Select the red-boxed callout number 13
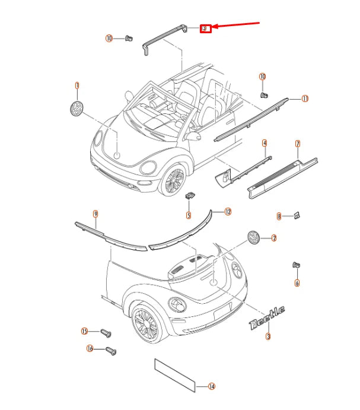(205, 28)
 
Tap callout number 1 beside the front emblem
(77, 85)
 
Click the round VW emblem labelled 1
(77, 109)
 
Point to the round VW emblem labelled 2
(254, 238)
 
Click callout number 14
(212, 386)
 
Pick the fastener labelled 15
(105, 332)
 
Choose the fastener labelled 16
(111, 350)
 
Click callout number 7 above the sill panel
(298, 144)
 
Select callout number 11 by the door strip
(305, 98)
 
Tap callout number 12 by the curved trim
(228, 211)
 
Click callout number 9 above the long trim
(95, 213)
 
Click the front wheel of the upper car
(173, 179)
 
